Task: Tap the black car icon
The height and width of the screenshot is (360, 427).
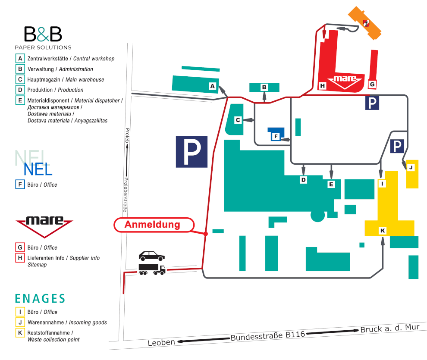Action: click(x=152, y=256)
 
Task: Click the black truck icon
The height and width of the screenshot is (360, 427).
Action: click(x=152, y=269)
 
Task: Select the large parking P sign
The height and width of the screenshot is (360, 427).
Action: click(x=192, y=152)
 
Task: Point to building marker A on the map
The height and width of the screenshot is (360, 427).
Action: click(x=212, y=86)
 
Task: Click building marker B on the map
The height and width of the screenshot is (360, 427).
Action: click(x=264, y=88)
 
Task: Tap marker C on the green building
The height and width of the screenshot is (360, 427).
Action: click(x=238, y=120)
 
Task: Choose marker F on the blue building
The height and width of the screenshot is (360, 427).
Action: click(x=276, y=136)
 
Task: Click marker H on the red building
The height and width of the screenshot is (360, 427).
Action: click(x=323, y=86)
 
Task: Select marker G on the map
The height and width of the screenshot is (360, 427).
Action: click(x=372, y=85)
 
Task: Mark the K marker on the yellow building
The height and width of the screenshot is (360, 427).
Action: click(x=383, y=231)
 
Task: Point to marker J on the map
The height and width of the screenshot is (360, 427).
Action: click(x=411, y=167)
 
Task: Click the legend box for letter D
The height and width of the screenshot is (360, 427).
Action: click(x=20, y=90)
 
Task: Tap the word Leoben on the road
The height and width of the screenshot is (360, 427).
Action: click(x=161, y=342)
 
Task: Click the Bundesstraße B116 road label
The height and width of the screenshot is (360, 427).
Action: click(x=268, y=336)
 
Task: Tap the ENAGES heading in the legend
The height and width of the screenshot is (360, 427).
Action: click(x=40, y=298)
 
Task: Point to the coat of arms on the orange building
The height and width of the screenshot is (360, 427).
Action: click(x=366, y=23)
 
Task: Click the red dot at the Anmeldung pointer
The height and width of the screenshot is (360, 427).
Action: click(x=206, y=234)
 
